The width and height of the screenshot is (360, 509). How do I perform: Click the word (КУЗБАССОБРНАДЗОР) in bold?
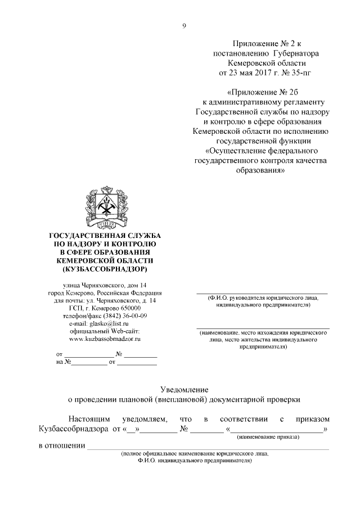[105, 269]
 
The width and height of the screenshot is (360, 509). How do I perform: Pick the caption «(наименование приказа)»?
[268, 437]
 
